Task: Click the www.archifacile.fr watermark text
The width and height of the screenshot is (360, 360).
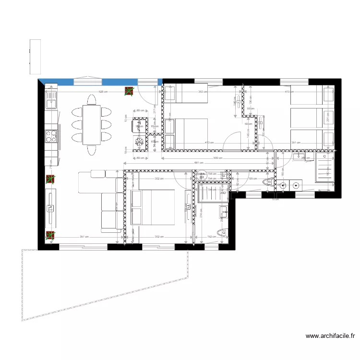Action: (x=330, y=336)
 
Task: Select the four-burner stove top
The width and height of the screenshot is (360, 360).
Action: (x=51, y=136)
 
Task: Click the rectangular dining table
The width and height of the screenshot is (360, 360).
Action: (x=92, y=125)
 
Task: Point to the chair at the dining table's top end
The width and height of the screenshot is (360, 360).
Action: (x=92, y=99)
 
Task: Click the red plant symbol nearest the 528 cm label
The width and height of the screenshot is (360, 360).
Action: (x=129, y=91)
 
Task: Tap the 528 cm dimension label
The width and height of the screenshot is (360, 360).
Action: (x=103, y=91)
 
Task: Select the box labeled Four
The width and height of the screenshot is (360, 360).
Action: (x=140, y=126)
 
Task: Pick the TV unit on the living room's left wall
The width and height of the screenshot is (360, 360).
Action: (x=51, y=208)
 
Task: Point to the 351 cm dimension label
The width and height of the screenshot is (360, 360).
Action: (x=295, y=143)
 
